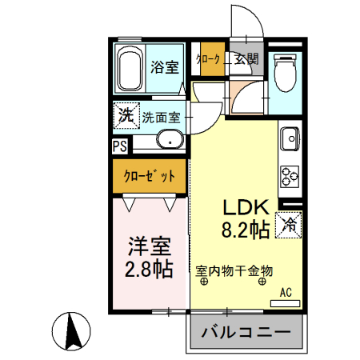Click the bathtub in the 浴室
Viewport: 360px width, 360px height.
tap(130, 70)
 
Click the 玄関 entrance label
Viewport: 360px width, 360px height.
tap(246, 58)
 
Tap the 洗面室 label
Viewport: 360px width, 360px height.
tap(162, 117)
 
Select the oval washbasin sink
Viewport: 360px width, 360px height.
tap(170, 142)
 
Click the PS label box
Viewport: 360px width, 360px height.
tap(119, 146)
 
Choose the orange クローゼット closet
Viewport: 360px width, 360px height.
tap(150, 175)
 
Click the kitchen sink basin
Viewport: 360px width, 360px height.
tap(288, 140)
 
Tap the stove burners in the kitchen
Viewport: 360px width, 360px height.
tap(289, 175)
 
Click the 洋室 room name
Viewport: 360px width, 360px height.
tap(148, 243)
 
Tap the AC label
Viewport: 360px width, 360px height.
tap(286, 293)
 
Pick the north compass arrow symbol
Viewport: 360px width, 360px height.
tap(70, 330)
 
